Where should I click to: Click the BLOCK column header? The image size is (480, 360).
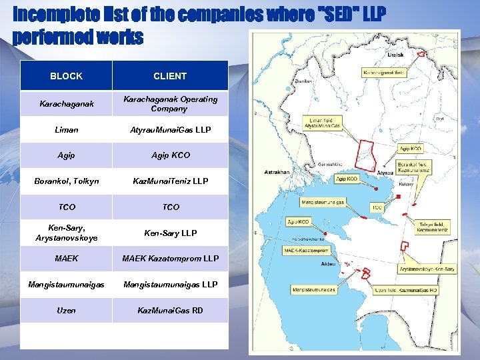pyautogui.click(x=66, y=76)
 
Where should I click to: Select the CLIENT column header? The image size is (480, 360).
pyautogui.click(x=170, y=76)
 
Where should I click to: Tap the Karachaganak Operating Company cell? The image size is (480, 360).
pyautogui.click(x=170, y=104)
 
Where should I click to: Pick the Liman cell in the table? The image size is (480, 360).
pyautogui.click(x=66, y=130)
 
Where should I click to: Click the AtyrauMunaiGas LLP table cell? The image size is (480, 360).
pyautogui.click(x=170, y=130)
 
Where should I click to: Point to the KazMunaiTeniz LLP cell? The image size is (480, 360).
pyautogui.click(x=170, y=181)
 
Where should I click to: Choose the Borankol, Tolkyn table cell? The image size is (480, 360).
pyautogui.click(x=66, y=181)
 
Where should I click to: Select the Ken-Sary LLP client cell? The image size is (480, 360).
pyautogui.click(x=170, y=233)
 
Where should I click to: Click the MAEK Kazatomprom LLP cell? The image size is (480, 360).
pyautogui.click(x=170, y=259)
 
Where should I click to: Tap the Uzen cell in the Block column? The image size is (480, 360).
pyautogui.click(x=66, y=311)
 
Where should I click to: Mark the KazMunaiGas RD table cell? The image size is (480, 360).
pyautogui.click(x=170, y=311)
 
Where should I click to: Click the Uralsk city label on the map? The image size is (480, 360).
pyautogui.click(x=395, y=55)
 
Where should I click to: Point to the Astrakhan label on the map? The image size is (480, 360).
pyautogui.click(x=276, y=172)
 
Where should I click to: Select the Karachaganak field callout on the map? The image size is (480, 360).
pyautogui.click(x=385, y=71)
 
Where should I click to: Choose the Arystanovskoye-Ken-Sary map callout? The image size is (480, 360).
pyautogui.click(x=427, y=269)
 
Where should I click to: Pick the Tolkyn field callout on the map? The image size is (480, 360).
pyautogui.click(x=433, y=227)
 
